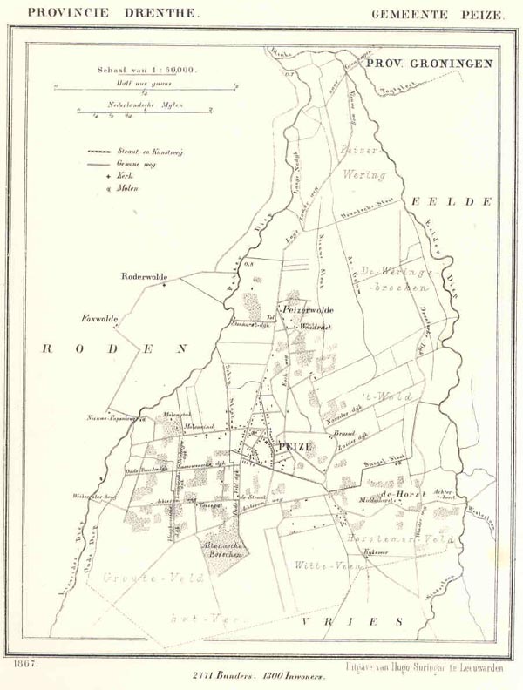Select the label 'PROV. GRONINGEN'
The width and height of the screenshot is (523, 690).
[428, 64]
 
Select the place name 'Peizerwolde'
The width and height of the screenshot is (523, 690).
[306, 310]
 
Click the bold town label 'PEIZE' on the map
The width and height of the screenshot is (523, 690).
[295, 446]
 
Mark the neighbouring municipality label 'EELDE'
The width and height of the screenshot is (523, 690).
[452, 201]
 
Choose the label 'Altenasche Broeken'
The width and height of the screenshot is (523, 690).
[223, 551]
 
